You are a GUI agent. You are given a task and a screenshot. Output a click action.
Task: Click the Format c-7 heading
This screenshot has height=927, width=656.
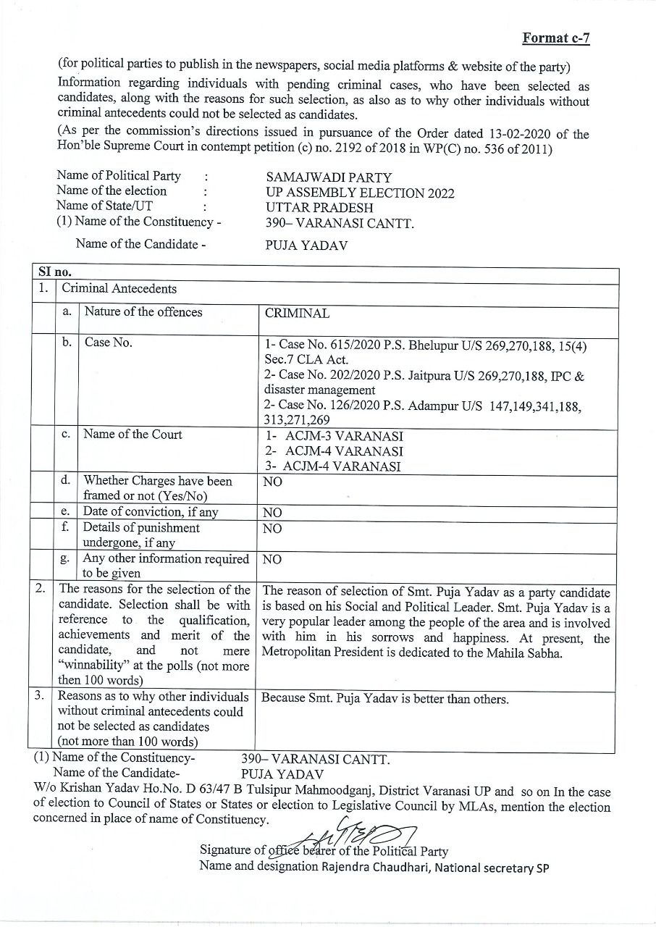point(555,38)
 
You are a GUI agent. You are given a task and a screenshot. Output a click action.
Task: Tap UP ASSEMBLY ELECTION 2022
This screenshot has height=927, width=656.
point(360,193)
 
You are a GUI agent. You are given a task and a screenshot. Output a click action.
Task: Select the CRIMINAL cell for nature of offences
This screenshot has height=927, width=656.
point(297,314)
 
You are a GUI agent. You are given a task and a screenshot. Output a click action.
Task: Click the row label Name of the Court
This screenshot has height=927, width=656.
point(133,435)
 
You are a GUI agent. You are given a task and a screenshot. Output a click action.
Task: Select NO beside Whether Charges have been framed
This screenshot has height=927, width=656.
point(273,482)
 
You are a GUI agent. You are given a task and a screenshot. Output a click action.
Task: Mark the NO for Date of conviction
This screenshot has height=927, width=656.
point(273,513)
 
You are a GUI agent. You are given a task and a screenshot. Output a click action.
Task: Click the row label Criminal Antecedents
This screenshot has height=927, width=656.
point(119,289)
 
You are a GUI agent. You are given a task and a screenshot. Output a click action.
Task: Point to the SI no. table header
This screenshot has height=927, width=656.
point(55,273)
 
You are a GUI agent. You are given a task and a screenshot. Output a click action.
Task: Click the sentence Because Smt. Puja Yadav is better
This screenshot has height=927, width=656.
point(384,699)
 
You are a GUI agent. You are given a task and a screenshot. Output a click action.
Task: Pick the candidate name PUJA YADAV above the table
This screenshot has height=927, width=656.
point(306,246)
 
